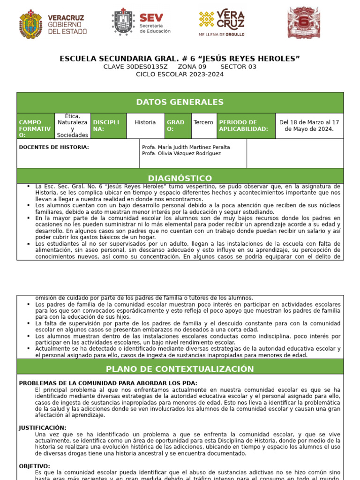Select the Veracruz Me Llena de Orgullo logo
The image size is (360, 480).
click(x=222, y=22)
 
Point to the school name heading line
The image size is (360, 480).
click(x=180, y=59)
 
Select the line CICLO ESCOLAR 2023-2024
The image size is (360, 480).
click(x=180, y=74)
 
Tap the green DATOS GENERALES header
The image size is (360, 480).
click(x=180, y=102)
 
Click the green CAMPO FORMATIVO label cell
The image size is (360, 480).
click(x=36, y=126)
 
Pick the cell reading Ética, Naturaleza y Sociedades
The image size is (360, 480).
click(x=73, y=126)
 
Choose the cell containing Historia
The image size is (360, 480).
click(x=145, y=122)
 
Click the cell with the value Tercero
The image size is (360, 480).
click(x=203, y=122)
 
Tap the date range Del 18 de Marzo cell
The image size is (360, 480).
click(x=309, y=126)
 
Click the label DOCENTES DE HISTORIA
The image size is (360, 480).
click(x=54, y=147)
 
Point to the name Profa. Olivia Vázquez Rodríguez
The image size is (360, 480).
click(x=181, y=154)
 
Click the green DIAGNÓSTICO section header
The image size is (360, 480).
click(x=180, y=178)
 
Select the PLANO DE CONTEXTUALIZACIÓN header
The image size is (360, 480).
click(x=180, y=369)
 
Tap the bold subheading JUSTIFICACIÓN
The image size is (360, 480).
click(x=43, y=428)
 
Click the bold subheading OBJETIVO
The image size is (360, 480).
click(x=35, y=466)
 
